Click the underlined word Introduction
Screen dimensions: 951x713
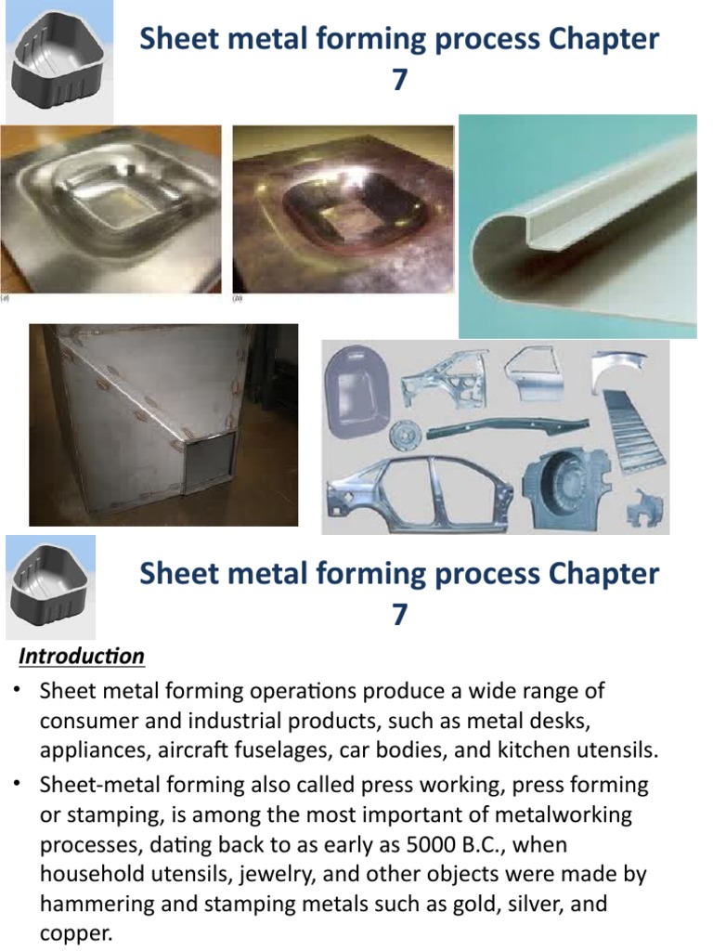click(83, 657)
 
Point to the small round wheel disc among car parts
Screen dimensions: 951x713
click(404, 434)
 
